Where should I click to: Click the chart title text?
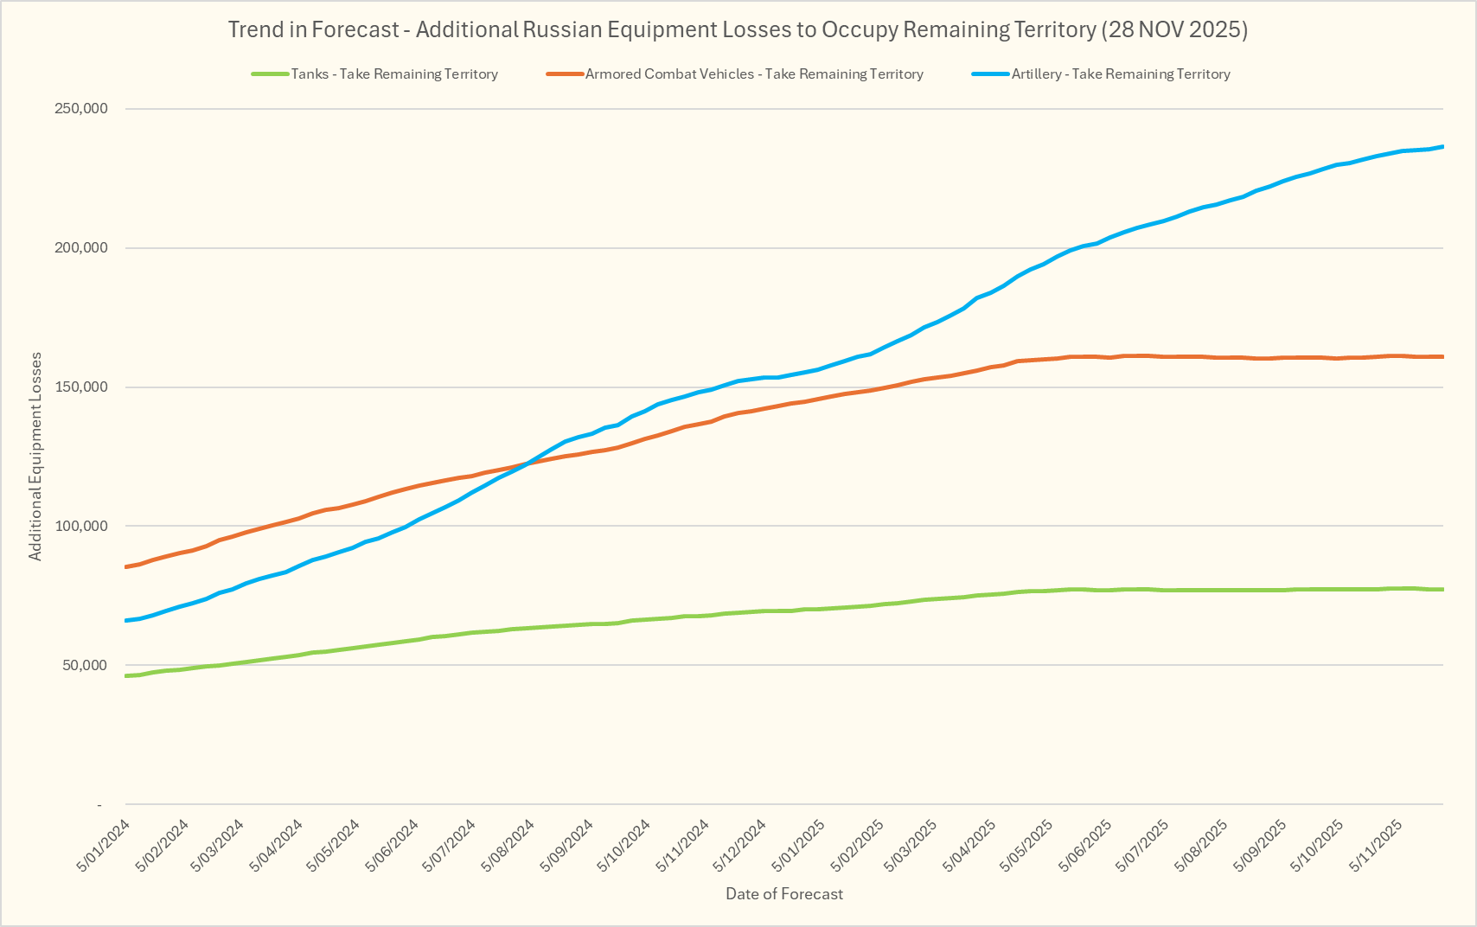[x=738, y=29]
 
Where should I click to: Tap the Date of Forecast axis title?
[x=783, y=894]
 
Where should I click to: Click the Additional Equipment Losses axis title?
[x=35, y=457]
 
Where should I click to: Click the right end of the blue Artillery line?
[x=1442, y=147]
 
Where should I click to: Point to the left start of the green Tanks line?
[x=126, y=675]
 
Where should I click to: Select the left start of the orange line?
[x=126, y=567]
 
